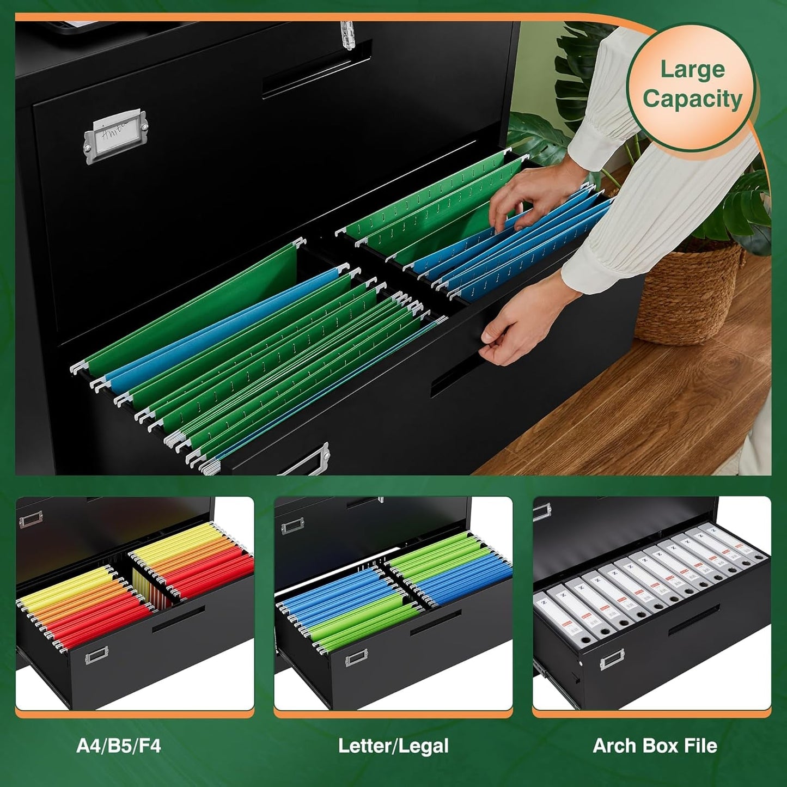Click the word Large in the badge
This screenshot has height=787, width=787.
click(692, 70)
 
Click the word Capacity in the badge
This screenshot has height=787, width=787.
click(692, 100)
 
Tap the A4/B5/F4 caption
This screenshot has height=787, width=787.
click(119, 746)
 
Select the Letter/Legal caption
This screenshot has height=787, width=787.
click(393, 746)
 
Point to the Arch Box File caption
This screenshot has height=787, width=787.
click(655, 746)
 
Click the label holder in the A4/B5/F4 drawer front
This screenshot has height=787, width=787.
click(96, 656)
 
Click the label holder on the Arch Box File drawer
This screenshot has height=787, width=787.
click(612, 661)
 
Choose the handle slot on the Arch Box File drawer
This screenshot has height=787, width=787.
click(694, 621)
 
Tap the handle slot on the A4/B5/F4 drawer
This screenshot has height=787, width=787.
click(178, 619)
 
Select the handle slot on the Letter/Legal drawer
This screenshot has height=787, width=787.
click(436, 623)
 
